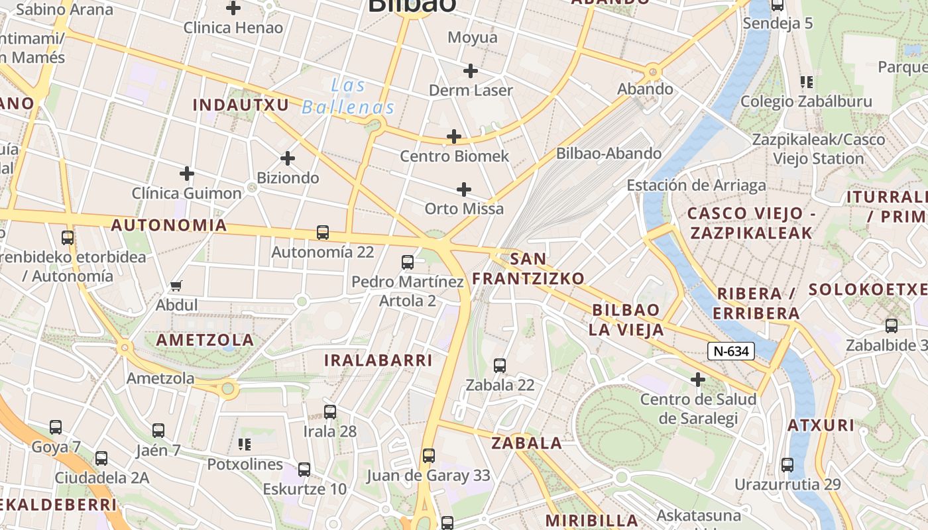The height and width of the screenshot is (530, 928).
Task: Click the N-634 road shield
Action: (x=731, y=351)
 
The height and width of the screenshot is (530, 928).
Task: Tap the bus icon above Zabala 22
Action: (x=500, y=365)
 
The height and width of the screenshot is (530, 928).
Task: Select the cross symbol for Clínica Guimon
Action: (x=187, y=174)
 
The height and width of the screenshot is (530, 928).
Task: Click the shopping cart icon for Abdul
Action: (x=176, y=286)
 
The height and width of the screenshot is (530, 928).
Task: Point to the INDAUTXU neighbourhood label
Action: (x=241, y=105)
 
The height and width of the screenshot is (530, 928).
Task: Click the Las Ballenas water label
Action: (x=348, y=96)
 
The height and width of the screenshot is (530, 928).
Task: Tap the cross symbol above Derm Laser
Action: (x=471, y=70)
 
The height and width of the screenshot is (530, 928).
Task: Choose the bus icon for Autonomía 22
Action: (x=323, y=233)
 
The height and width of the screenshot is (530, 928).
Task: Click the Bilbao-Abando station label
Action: (x=609, y=153)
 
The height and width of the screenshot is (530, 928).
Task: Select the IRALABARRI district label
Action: (x=378, y=360)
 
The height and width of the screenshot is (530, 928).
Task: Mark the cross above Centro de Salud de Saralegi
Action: (x=697, y=380)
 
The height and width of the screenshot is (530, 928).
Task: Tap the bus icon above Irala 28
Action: (x=330, y=411)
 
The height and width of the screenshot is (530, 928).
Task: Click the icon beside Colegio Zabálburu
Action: (x=807, y=82)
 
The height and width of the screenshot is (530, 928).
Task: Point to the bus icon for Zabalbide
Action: (x=892, y=325)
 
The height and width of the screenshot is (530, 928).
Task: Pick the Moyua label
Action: (x=473, y=37)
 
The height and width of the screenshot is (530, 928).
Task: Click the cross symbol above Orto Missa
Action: (x=464, y=189)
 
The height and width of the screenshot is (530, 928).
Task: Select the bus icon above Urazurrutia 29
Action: (x=787, y=464)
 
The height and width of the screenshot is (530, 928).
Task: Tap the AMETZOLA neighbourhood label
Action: (x=205, y=341)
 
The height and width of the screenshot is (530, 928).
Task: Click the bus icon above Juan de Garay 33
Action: (x=429, y=456)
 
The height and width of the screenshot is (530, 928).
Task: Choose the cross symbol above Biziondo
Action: (x=288, y=158)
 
